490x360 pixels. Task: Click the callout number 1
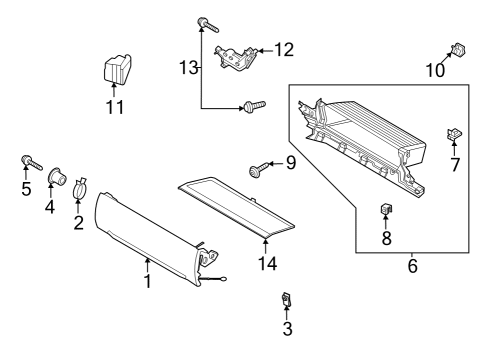146,282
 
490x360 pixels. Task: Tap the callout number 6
411,267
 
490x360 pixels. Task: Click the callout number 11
116,107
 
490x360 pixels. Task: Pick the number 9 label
291,162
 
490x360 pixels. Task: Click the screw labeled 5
26,160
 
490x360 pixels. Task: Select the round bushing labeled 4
56,180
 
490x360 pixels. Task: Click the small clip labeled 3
286,298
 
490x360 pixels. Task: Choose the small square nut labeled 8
385,209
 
